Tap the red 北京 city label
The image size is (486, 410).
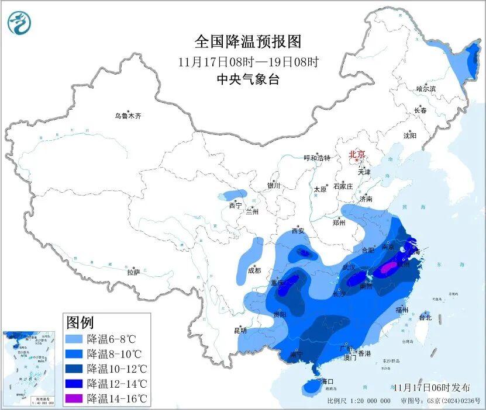pos(356,154)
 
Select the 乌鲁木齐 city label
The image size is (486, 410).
pos(127,116)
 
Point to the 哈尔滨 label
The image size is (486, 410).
pos(426,89)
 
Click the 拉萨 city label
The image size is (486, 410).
pos(133,272)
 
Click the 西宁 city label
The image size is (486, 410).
pos(235,205)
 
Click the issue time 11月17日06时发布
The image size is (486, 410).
pos(432,387)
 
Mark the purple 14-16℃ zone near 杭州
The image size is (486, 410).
pos(387,269)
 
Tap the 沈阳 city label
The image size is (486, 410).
pos(409,135)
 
